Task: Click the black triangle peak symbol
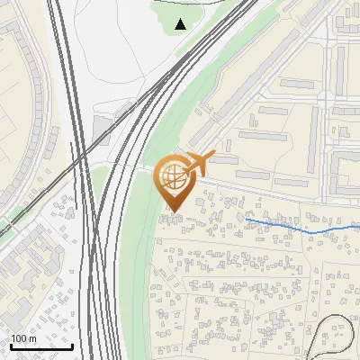tap(181, 24)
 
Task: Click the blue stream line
tap(288, 225)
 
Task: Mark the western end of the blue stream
tap(246, 218)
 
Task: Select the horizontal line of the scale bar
tap(40, 346)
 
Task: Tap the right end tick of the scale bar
tap(72, 345)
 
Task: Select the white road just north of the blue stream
tap(270, 194)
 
